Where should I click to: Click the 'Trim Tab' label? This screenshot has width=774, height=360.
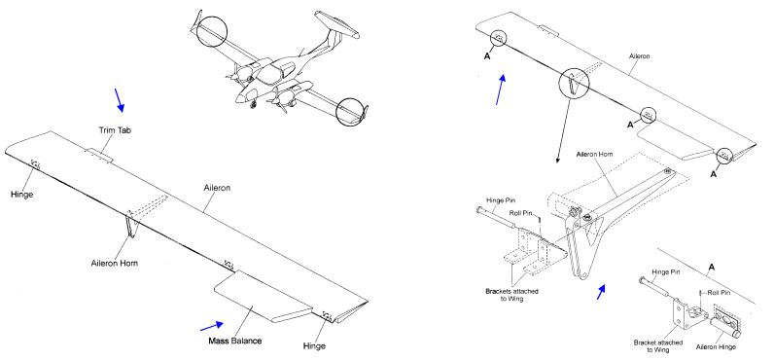115,130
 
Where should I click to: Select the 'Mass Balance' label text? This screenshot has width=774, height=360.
235,341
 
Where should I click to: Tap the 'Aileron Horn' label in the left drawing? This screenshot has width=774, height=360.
115,264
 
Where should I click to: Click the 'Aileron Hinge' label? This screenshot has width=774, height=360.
716,347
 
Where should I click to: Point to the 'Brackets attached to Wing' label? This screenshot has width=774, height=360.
511,295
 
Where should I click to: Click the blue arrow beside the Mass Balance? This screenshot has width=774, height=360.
212,326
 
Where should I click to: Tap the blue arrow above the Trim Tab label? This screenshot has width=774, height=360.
120,100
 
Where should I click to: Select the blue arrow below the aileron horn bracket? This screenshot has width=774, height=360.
601,292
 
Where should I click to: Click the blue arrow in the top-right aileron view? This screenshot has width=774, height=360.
501,90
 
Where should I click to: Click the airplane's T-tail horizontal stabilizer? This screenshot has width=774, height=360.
336,23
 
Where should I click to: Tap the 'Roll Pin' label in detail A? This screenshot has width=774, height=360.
720,292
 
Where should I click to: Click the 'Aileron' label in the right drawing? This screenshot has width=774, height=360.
639,56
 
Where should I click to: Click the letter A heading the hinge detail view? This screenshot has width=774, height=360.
712,268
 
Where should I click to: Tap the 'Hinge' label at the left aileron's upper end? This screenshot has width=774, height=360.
21,195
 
